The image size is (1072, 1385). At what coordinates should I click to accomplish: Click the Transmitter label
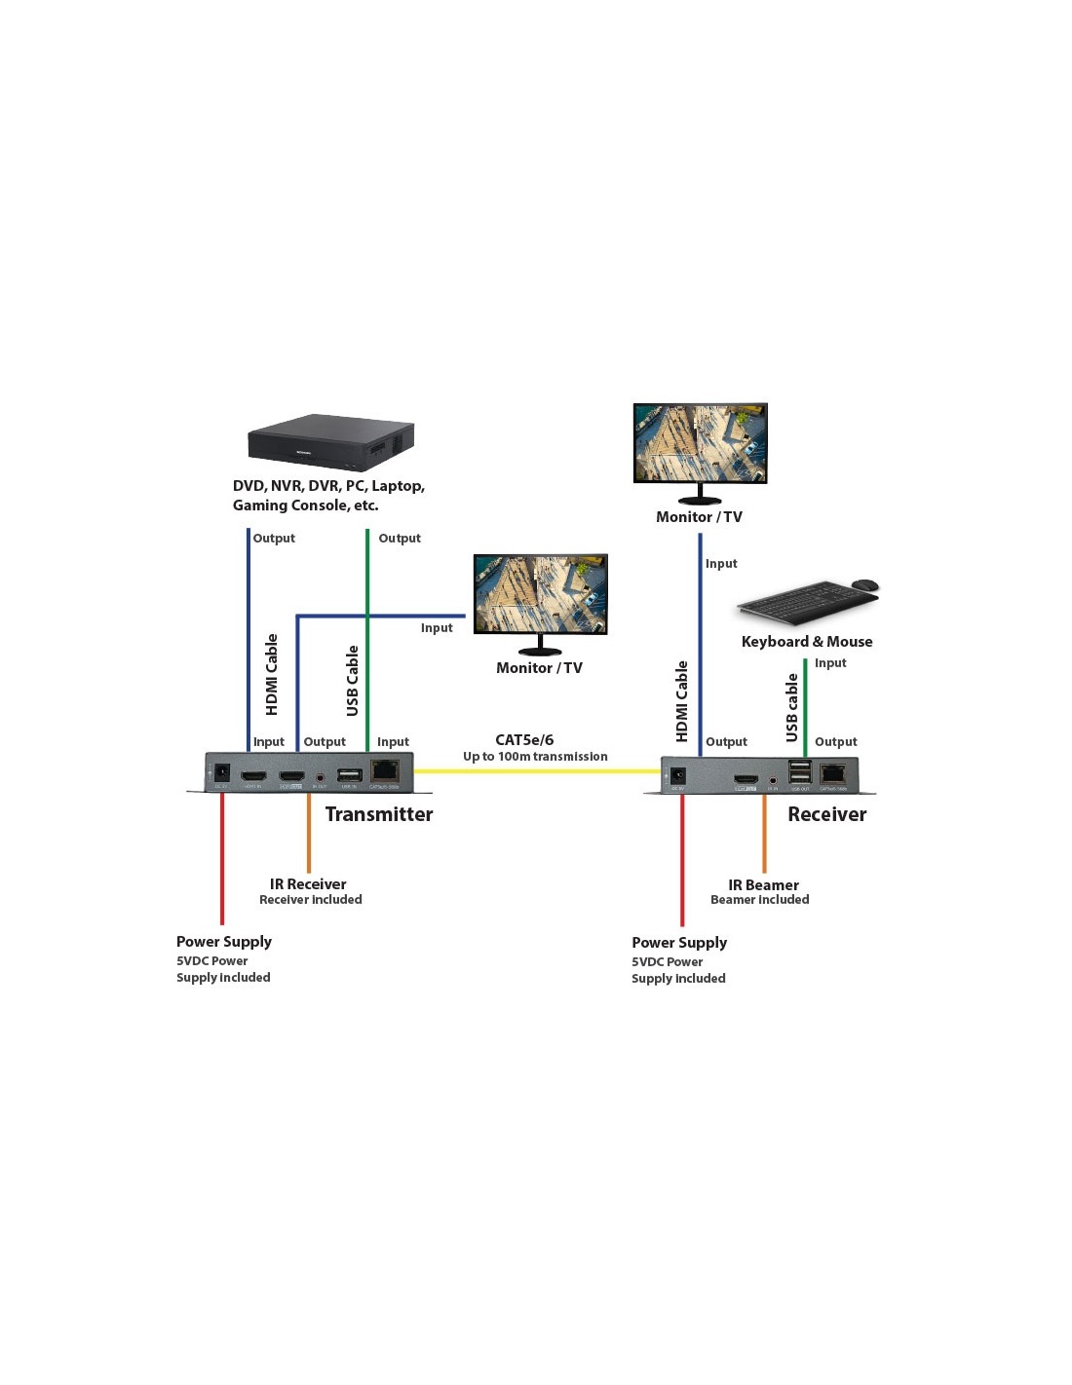(379, 814)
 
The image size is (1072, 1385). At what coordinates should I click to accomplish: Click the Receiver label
(826, 814)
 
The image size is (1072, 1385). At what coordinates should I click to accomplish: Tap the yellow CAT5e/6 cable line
(536, 770)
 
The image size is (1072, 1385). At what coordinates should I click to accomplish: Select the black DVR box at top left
(331, 443)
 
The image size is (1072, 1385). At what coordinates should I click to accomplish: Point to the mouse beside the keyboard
(864, 586)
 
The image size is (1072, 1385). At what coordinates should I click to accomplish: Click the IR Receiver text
(308, 884)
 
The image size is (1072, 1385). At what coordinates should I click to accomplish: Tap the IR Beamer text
(763, 885)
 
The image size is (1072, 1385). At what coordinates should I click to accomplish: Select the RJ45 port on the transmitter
(385, 772)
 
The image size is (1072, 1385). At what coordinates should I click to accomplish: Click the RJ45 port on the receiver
(832, 775)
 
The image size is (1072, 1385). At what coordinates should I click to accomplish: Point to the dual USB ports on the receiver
(799, 772)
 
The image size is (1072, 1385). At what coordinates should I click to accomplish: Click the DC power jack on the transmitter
(222, 774)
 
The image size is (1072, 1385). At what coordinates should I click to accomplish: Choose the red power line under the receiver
(682, 857)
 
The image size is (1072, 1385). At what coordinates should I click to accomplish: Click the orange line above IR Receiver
(309, 833)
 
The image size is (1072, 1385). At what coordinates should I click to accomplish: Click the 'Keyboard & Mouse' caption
(807, 642)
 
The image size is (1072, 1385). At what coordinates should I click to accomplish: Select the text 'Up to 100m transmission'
(535, 757)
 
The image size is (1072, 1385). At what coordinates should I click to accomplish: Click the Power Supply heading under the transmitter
(224, 942)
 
